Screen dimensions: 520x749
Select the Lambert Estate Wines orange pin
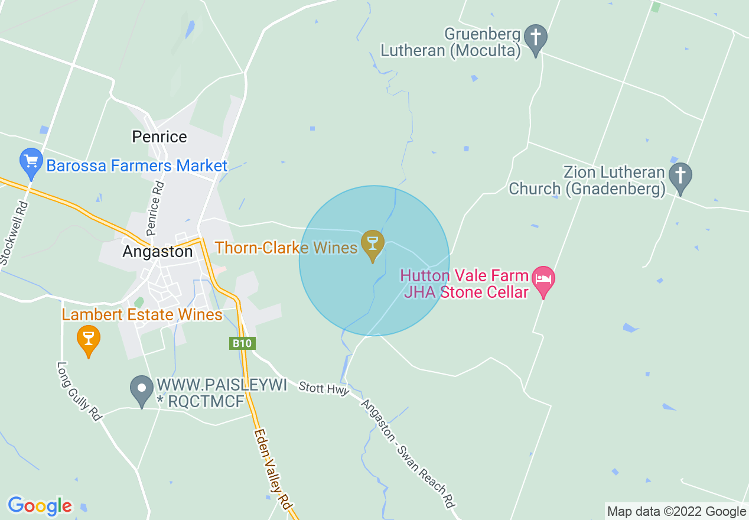point(89,339)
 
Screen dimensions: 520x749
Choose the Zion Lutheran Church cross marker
point(680,176)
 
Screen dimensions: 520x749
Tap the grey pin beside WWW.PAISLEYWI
point(142,389)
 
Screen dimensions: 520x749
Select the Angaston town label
point(158,252)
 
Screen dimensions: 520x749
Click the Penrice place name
point(159,137)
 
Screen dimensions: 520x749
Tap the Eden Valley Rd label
point(273,470)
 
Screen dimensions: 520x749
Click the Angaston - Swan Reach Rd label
point(408,454)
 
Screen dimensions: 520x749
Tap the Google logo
point(40,506)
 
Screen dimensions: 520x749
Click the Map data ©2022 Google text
point(677,512)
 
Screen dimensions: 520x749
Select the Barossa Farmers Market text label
point(136,165)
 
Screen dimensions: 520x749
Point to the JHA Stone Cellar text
point(465,292)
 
